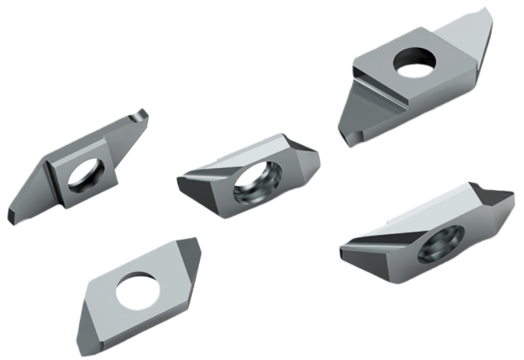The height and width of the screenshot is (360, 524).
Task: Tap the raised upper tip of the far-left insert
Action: coord(140,115)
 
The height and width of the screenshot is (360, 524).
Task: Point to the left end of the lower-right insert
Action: coord(343,245)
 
